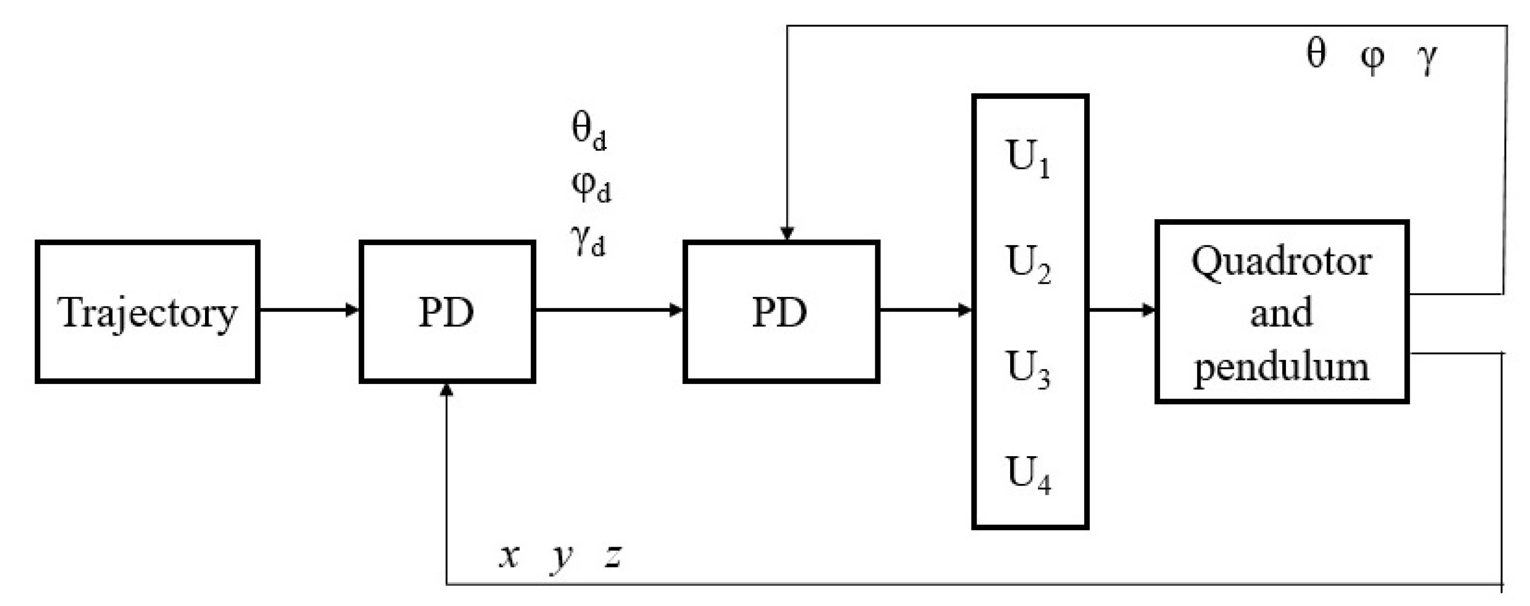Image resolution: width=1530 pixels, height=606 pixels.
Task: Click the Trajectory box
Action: tap(148, 311)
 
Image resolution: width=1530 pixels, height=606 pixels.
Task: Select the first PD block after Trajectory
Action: tap(447, 311)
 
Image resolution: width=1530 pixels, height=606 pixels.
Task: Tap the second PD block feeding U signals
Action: tap(781, 311)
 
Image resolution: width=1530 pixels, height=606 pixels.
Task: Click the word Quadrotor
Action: tap(1281, 262)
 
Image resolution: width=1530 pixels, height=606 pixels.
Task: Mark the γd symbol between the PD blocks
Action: tap(588, 240)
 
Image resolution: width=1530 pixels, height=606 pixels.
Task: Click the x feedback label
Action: tap(509, 556)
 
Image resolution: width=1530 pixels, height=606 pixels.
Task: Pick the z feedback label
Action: tap(613, 556)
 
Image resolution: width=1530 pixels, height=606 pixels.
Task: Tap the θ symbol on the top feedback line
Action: tap(1316, 53)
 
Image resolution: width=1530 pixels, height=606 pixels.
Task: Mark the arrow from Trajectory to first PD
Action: tap(309, 310)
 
